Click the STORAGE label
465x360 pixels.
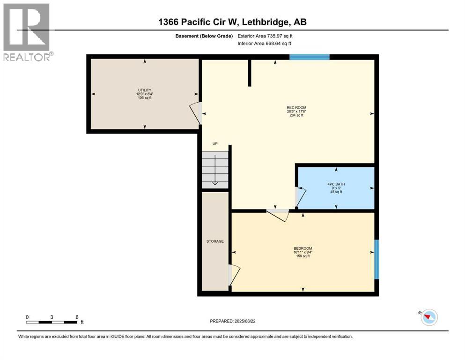(215, 241)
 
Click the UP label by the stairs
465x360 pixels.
(215, 144)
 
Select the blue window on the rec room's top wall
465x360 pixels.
(309, 57)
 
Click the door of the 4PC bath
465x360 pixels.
(300, 196)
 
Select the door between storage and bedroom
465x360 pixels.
(234, 274)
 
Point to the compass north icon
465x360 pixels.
(428, 317)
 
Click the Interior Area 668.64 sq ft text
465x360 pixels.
(265, 43)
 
